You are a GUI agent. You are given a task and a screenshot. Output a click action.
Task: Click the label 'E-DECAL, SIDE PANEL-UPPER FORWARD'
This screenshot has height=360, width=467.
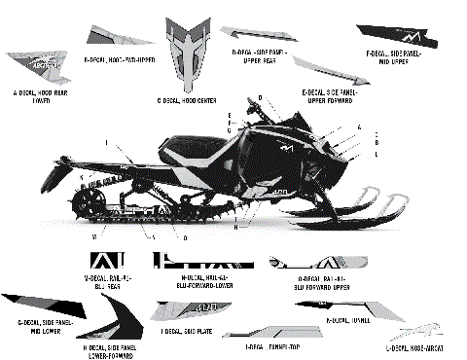coord(322,95)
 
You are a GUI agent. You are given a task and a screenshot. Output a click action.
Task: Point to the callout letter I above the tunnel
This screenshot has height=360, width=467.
coord(106,142)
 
